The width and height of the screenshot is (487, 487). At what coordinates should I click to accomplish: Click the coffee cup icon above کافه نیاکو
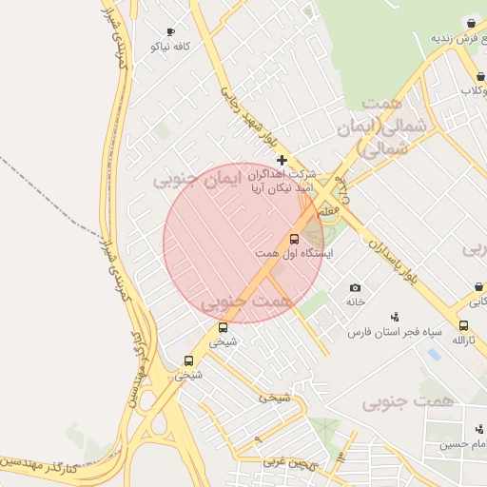point(171,31)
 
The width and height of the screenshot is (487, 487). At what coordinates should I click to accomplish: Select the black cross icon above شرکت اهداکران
point(282,160)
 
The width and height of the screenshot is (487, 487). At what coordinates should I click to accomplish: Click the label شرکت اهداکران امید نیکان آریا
point(282,182)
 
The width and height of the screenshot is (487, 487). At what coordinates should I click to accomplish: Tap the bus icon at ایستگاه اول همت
point(294,240)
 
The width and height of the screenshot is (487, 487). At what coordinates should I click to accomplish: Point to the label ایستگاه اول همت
point(295,254)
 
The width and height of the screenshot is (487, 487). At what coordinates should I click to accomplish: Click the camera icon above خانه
point(355,287)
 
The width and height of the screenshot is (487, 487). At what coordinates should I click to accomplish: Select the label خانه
point(355,302)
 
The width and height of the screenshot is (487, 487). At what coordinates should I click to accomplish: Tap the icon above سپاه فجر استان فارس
point(395,317)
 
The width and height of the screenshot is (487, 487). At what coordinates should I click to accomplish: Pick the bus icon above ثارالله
point(463,325)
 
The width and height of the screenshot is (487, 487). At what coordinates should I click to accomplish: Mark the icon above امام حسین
point(478,429)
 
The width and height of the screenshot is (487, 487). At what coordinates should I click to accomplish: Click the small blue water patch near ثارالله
point(434,354)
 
